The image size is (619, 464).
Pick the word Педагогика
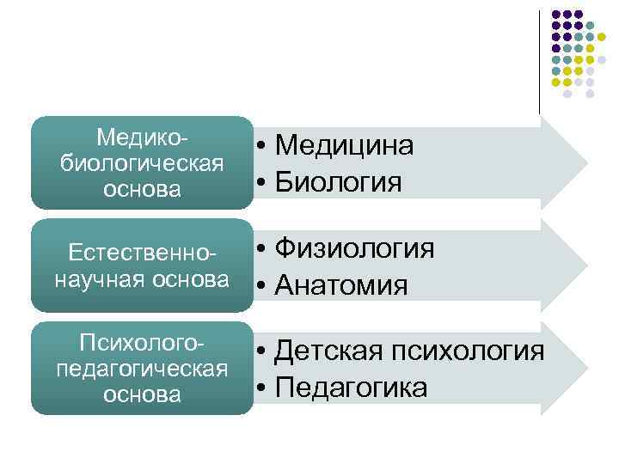[x=352, y=388]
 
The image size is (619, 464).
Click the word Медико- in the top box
[x=143, y=137]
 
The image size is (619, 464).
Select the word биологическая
[x=143, y=163]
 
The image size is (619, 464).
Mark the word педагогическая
[x=143, y=369]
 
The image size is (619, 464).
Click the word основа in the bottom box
[x=143, y=395]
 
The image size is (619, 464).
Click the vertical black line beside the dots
[x=540, y=60]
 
